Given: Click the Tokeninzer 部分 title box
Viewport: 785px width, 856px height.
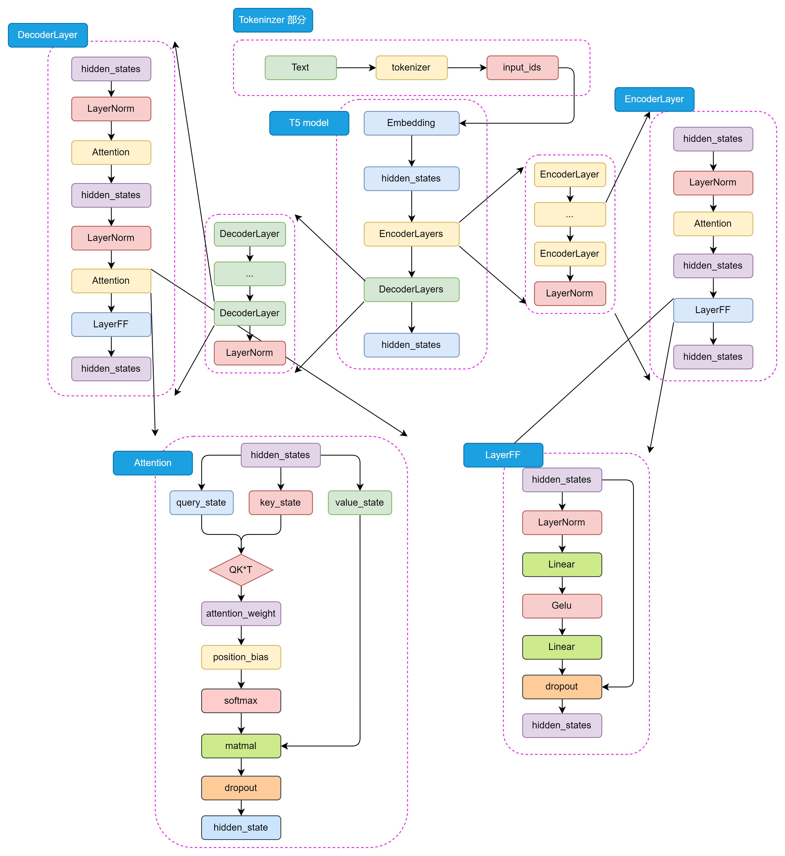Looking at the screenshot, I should pyautogui.click(x=273, y=20).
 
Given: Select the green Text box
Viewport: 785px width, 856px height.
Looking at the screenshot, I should pyautogui.click(x=300, y=68).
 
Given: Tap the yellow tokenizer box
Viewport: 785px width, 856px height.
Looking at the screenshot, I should pyautogui.click(x=411, y=68).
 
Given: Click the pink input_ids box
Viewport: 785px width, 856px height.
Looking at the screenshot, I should pyautogui.click(x=522, y=68).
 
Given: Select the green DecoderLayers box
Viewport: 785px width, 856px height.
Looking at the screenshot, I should pyautogui.click(x=411, y=289).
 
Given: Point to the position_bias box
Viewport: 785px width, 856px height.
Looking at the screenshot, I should pyautogui.click(x=241, y=657).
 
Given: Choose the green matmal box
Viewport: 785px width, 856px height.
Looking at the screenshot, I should pyautogui.click(x=241, y=746).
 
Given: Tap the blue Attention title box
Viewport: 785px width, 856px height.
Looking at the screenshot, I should pyautogui.click(x=152, y=463).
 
